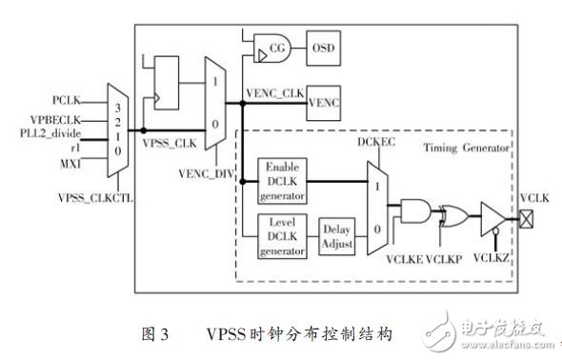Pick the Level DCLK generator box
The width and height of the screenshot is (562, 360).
pos(281,236)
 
